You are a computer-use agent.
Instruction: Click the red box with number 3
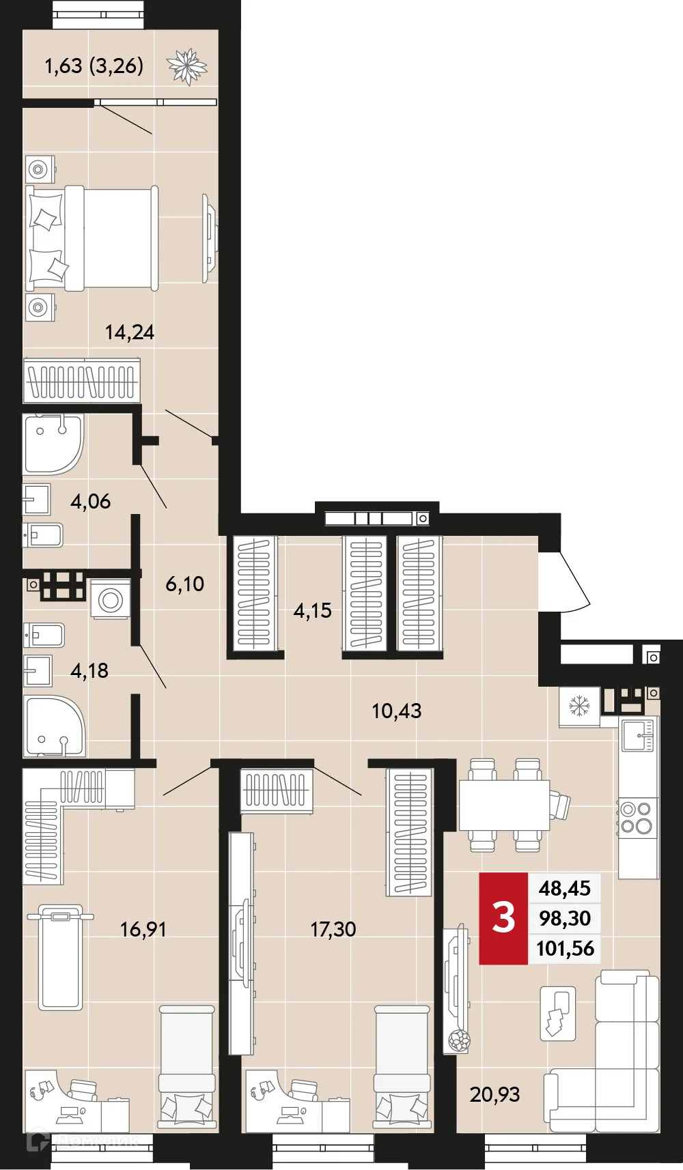503,918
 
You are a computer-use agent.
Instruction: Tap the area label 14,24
129,332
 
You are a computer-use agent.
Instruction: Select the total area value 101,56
565,948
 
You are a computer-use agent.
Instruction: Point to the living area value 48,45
564,888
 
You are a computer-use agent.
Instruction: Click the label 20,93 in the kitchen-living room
494,1094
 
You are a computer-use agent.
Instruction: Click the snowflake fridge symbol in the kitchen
579,706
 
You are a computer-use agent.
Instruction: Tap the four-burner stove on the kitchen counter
637,818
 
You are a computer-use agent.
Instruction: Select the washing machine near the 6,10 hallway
111,600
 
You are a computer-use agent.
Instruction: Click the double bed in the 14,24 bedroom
92,238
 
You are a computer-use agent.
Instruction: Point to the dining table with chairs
504,805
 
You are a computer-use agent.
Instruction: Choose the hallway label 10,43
396,711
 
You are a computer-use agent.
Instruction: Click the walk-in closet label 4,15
312,610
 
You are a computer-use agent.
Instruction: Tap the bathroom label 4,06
90,501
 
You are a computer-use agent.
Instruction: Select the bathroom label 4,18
89,670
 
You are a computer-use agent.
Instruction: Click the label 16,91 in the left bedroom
143,929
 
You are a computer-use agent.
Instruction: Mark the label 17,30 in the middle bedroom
333,929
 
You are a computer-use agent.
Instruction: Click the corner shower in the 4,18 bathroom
53,726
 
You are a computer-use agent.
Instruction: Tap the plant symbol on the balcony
186,66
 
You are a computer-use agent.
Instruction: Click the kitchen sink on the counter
639,734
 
